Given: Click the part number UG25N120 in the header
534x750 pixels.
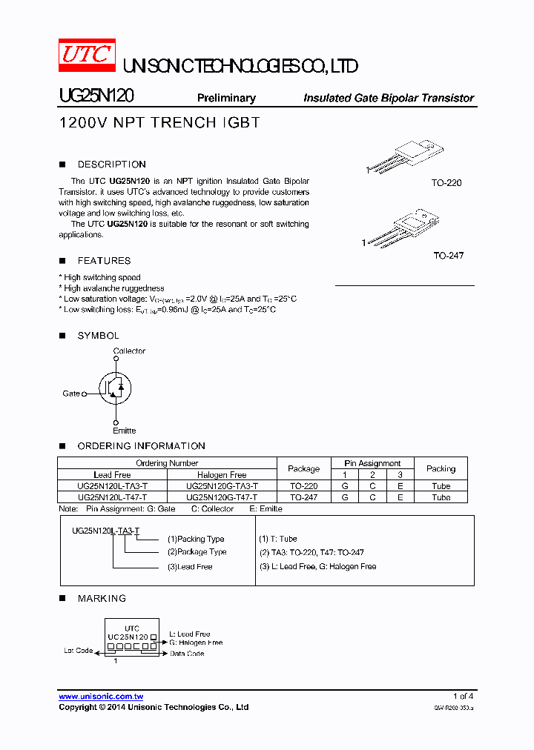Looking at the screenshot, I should click(x=96, y=97).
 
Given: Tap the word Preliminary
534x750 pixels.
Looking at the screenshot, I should click(x=226, y=98).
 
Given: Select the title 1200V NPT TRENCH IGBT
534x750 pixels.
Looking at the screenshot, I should click(x=159, y=123).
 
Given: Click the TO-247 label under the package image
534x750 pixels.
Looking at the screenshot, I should click(x=449, y=256).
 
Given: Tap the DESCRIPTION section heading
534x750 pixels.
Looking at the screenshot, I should click(x=111, y=165).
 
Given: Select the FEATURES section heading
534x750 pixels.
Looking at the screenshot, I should click(x=104, y=261).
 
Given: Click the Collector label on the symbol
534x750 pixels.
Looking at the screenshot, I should click(x=129, y=351).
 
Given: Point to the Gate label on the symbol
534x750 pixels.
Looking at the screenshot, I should click(x=71, y=394).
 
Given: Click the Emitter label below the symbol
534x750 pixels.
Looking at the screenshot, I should click(x=124, y=431).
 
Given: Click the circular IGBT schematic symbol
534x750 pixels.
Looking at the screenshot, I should click(x=116, y=386).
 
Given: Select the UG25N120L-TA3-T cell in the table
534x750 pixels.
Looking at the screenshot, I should click(x=112, y=486).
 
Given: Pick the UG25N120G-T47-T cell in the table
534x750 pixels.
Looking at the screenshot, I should click(x=222, y=497).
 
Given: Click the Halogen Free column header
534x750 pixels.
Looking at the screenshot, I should click(x=222, y=475).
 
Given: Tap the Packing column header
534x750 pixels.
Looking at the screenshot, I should click(x=441, y=468).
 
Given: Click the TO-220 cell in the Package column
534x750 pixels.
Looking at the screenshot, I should click(x=303, y=486).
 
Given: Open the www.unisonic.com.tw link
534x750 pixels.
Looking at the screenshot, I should click(x=101, y=697).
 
